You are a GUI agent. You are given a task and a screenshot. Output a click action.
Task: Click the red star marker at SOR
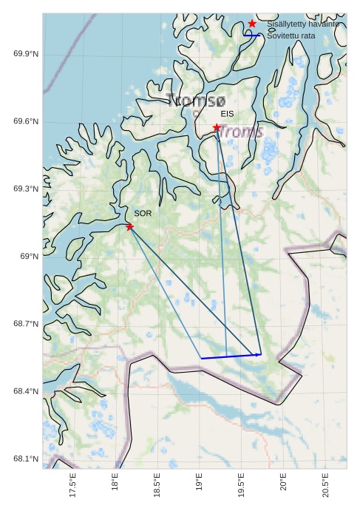pos(129,226)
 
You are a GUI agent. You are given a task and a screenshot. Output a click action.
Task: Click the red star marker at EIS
pos(217,127)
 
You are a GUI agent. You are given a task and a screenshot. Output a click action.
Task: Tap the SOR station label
pos(143,213)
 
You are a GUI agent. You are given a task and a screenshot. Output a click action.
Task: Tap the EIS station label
pos(227,114)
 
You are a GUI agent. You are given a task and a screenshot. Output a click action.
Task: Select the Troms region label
pos(241,132)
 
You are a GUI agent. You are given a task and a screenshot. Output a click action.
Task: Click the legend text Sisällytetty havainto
pos(303,24)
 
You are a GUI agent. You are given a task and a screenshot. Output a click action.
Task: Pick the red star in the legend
pos(252,24)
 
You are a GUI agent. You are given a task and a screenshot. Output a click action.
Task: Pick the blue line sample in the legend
pos(252,35)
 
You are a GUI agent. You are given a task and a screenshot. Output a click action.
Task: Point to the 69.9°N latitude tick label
pos(27,54)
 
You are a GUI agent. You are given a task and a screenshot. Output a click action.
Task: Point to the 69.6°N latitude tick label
pos(27,122)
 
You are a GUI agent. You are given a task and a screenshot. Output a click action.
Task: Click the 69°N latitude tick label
pos(30,257)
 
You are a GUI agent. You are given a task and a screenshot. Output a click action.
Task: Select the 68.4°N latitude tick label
pos(27,391)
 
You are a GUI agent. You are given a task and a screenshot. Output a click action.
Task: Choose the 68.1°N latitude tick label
pos(27,459)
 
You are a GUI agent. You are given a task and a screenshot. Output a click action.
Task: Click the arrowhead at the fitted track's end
pos(259,355)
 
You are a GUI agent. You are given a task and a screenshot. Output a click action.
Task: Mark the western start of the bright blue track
pos(201,359)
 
